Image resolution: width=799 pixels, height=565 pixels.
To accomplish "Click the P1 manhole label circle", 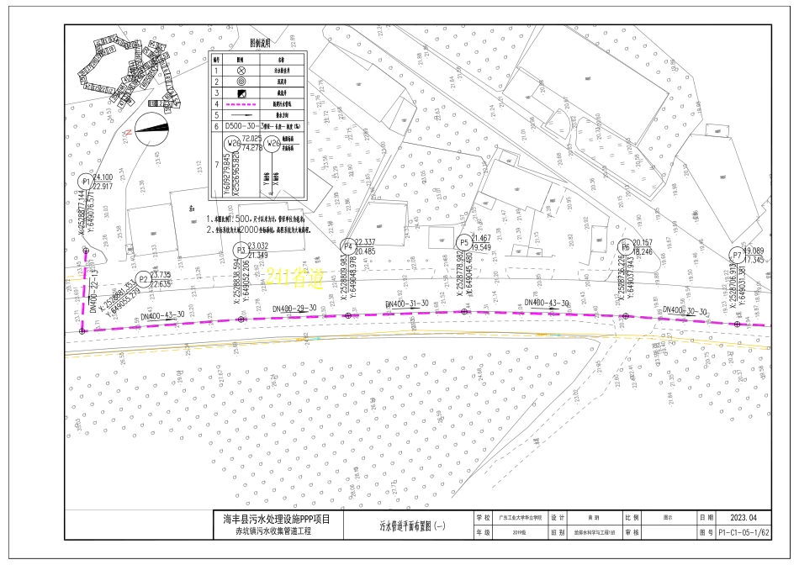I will coord(85,182).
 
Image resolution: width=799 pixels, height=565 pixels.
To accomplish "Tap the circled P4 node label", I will coord(347,246).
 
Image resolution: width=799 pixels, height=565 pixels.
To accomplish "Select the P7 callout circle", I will coord(737,255).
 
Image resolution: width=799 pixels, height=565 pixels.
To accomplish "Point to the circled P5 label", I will coord(463,242).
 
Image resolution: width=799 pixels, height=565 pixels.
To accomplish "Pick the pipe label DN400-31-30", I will coord(407,303).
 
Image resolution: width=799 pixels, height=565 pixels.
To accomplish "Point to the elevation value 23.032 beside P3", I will coord(259,246).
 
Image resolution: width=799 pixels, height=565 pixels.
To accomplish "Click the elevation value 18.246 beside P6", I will coord(643,251).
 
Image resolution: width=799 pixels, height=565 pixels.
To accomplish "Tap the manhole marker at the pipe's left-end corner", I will coord(82,331).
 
